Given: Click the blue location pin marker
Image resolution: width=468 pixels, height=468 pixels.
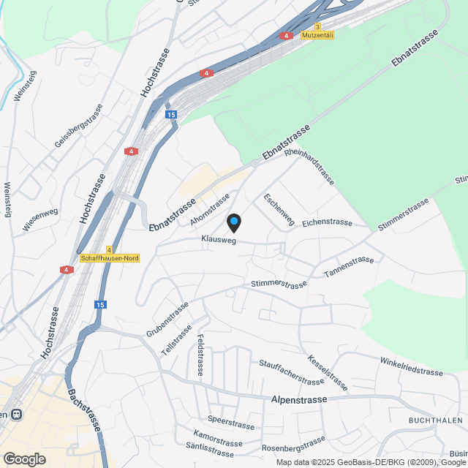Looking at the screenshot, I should pos(234,222).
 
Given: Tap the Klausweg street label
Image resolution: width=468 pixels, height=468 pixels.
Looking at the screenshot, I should pos(219,240).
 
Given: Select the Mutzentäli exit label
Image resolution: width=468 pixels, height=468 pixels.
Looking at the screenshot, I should pos(317,35).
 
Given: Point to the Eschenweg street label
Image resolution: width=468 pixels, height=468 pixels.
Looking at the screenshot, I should pos(279,209).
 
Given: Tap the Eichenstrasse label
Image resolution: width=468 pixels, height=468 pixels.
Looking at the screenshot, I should pos(327,222).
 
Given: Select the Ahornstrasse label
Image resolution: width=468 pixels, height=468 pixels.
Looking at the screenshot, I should pos(210,207).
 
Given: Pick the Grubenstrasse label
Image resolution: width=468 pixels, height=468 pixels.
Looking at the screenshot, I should pos(167,319).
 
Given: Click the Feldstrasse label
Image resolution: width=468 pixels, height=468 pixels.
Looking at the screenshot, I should pos(200,355).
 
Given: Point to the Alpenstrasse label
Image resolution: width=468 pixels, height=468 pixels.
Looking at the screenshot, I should pos(298,400).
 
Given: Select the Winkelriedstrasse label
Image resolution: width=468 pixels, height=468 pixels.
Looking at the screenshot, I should pos(411,366).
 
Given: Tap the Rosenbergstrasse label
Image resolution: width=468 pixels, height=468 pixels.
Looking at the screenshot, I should pos(293,444).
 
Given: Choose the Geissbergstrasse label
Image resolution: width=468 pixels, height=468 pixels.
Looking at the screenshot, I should pos(78,126).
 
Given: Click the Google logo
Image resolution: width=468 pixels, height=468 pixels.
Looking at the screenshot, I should pos(23,458).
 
